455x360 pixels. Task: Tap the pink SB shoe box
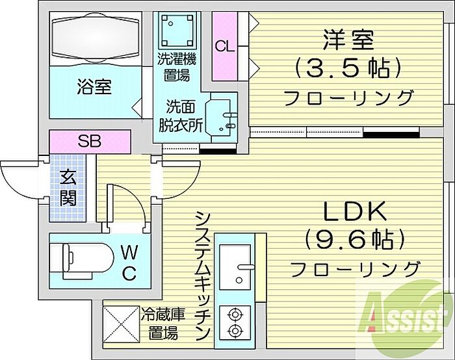pos(90,141)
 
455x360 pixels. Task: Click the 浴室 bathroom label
pos(94,87)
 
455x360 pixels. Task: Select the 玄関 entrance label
pos(67,187)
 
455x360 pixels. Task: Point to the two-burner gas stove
pos(235,320)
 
